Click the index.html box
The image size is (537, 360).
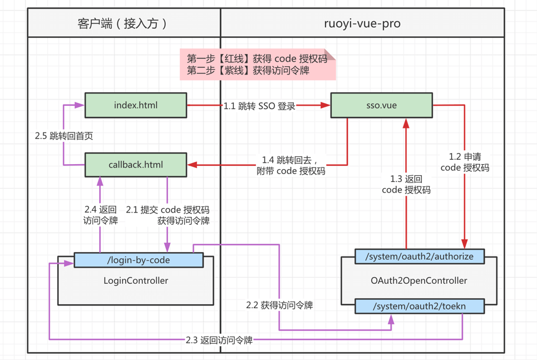135,105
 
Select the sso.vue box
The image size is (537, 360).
381,105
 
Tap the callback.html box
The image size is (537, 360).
135,165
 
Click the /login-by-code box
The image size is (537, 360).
138,260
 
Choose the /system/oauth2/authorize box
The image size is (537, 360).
419,257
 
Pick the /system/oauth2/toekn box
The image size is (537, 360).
419,306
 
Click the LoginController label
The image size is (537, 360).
136,280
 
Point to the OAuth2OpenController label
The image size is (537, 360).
419,280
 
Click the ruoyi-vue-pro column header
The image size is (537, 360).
362,23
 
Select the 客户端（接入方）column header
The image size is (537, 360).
124,23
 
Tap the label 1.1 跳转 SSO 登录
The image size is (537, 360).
259,106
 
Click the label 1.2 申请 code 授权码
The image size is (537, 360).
465,162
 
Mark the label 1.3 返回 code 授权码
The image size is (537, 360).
406,184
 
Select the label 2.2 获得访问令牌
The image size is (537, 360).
279,305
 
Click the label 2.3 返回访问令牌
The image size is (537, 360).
219,340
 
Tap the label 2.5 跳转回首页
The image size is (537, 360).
63,136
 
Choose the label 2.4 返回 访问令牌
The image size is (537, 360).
100,215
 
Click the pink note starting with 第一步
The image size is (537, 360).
257,65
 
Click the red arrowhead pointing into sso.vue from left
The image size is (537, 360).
325,105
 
